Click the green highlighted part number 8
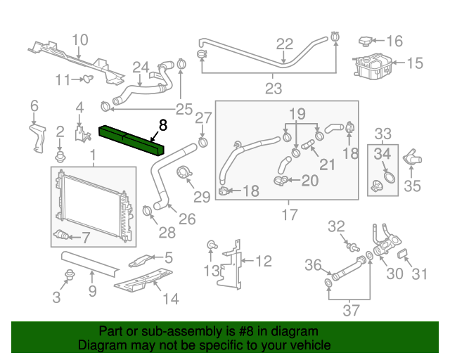point(132,139)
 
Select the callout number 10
point(79,40)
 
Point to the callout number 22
point(284,44)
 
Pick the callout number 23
point(273,89)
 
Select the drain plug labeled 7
point(63,234)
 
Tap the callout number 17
point(289,215)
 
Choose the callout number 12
point(263,262)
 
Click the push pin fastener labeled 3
point(70,274)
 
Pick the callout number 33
point(383,134)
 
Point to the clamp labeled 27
point(202,143)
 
